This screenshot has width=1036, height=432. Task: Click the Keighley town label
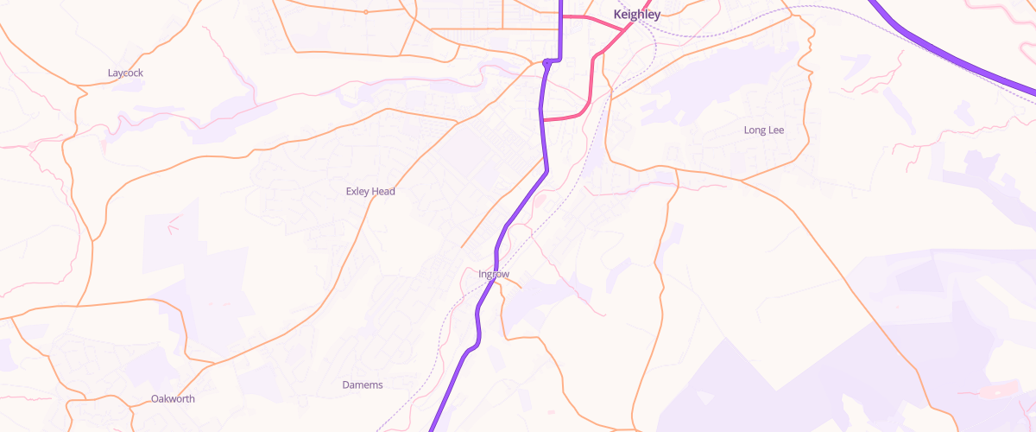(636, 15)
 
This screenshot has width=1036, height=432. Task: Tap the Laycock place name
(125, 73)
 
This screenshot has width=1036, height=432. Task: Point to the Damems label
(363, 384)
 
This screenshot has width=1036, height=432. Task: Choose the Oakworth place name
(173, 399)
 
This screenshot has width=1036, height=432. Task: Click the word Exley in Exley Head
(357, 192)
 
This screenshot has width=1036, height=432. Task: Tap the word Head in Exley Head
(383, 192)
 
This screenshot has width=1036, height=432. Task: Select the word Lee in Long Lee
(776, 130)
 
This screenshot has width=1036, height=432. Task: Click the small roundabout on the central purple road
(547, 62)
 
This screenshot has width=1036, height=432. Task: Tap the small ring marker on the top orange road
(365, 12)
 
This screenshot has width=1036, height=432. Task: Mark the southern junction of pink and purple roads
(542, 120)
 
